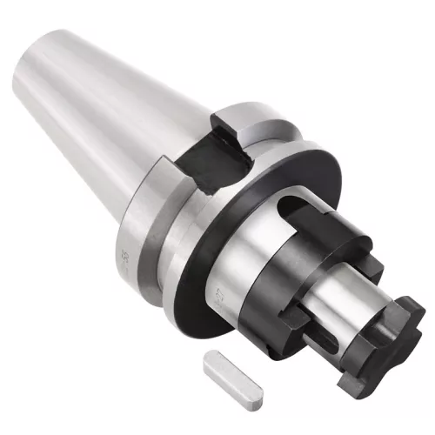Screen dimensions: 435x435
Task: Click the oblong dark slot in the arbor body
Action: (290, 197)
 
